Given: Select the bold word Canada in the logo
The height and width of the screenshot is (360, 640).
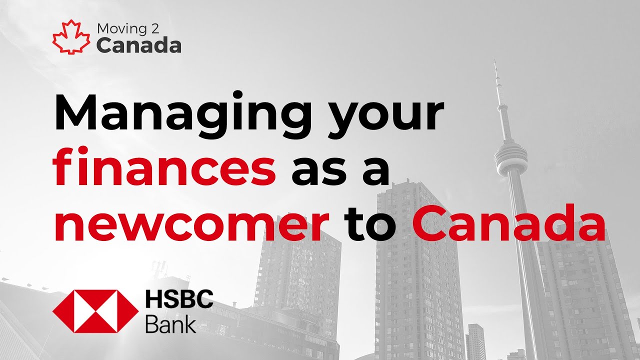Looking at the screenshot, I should [138, 45].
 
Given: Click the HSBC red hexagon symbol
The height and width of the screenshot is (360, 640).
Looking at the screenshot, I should [95, 311].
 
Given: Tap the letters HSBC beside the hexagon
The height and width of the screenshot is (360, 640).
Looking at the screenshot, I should [179, 300].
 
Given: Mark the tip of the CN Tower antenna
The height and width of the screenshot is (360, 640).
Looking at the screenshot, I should [495, 60].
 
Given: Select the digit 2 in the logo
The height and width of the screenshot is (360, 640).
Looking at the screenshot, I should [156, 28].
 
